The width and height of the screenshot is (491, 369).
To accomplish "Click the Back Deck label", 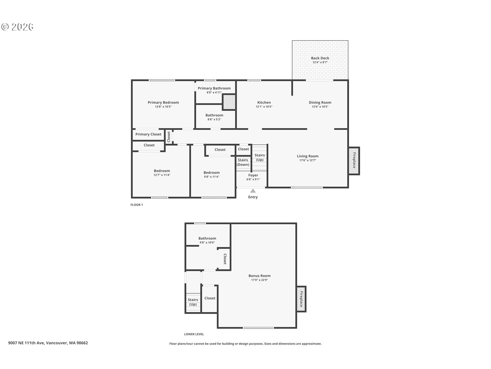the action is click(x=320, y=58).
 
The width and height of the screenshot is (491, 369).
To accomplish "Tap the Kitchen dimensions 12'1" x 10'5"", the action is click(x=264, y=107).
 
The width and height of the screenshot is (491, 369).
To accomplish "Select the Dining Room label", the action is click(x=320, y=102).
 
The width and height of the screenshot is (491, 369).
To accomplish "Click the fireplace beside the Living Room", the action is click(x=354, y=161).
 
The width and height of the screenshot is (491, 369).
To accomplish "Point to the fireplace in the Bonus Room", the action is click(x=301, y=299).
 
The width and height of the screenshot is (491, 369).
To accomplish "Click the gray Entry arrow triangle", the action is click(x=253, y=191).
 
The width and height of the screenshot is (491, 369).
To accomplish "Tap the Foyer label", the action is click(x=253, y=175).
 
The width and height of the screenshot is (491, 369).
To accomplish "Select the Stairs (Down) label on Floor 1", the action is click(x=243, y=162).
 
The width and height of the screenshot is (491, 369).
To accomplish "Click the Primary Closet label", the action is click(x=148, y=134).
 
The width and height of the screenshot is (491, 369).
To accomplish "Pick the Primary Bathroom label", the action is click(x=214, y=88).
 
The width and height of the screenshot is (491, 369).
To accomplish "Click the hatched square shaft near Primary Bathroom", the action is click(x=229, y=102).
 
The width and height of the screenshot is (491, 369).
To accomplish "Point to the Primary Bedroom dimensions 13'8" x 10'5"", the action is click(x=163, y=107).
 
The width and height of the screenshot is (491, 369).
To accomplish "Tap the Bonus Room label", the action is click(x=260, y=276).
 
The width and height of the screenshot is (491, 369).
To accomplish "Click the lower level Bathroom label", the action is click(x=207, y=238).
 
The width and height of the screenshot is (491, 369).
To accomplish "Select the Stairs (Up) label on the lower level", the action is click(x=193, y=302).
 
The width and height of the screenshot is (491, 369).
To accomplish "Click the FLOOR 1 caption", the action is click(x=137, y=205).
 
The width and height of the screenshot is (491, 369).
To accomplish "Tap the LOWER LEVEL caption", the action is click(x=194, y=334).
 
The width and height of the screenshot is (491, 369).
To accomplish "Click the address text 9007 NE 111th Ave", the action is click(x=26, y=343).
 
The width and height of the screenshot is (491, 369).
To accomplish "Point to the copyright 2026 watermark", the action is click(x=17, y=27).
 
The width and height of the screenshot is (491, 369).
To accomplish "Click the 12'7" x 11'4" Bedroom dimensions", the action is click(x=162, y=175).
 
